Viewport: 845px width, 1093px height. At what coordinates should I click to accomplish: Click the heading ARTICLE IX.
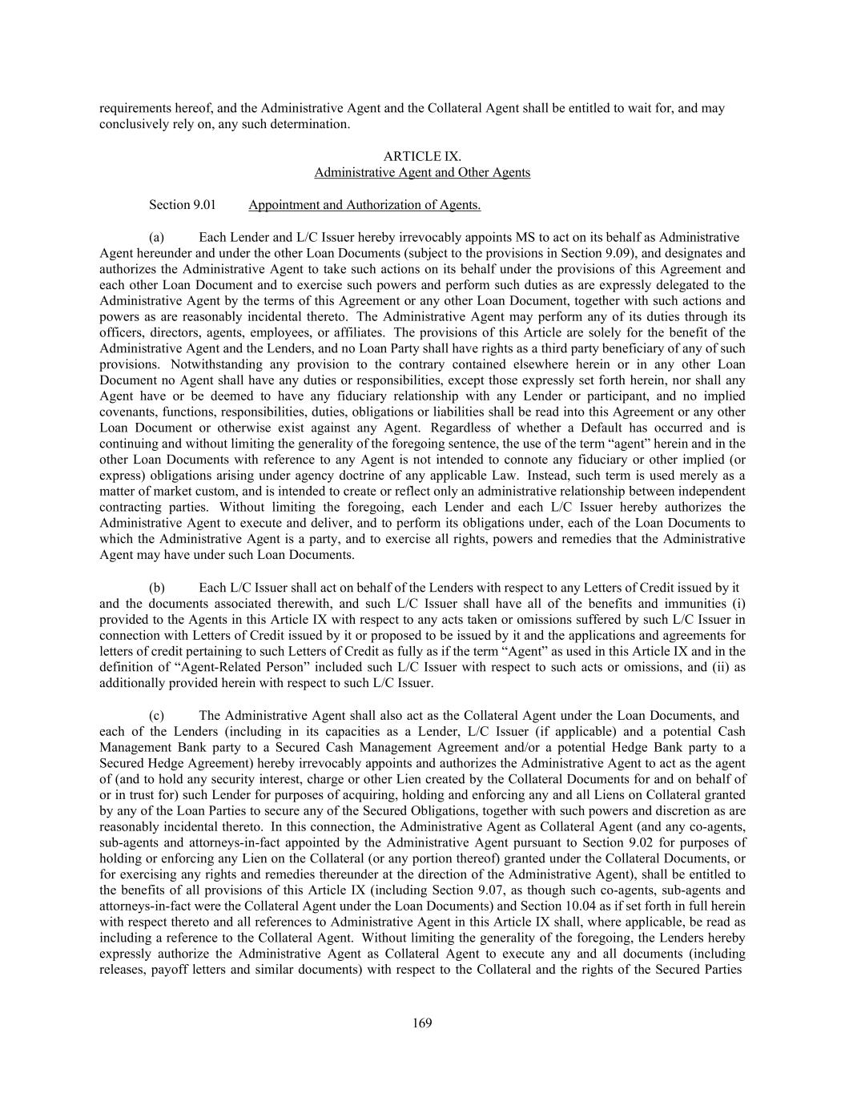click(x=422, y=156)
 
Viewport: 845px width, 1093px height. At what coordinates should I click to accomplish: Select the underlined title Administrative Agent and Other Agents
click(x=422, y=172)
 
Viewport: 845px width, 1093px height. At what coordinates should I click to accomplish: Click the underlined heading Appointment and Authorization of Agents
click(x=364, y=205)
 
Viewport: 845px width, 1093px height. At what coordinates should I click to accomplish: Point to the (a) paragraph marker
click(x=157, y=237)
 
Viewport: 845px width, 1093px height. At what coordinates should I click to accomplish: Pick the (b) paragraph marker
click(x=157, y=588)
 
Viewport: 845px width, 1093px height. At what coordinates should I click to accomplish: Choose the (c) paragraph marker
click(x=157, y=715)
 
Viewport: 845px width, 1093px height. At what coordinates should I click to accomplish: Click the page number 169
click(x=422, y=1023)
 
